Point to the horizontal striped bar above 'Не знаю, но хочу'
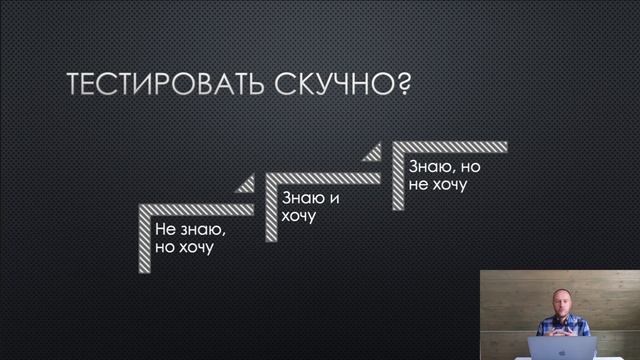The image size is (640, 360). pos(195,210)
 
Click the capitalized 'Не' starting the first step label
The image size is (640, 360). pos(165,229)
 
